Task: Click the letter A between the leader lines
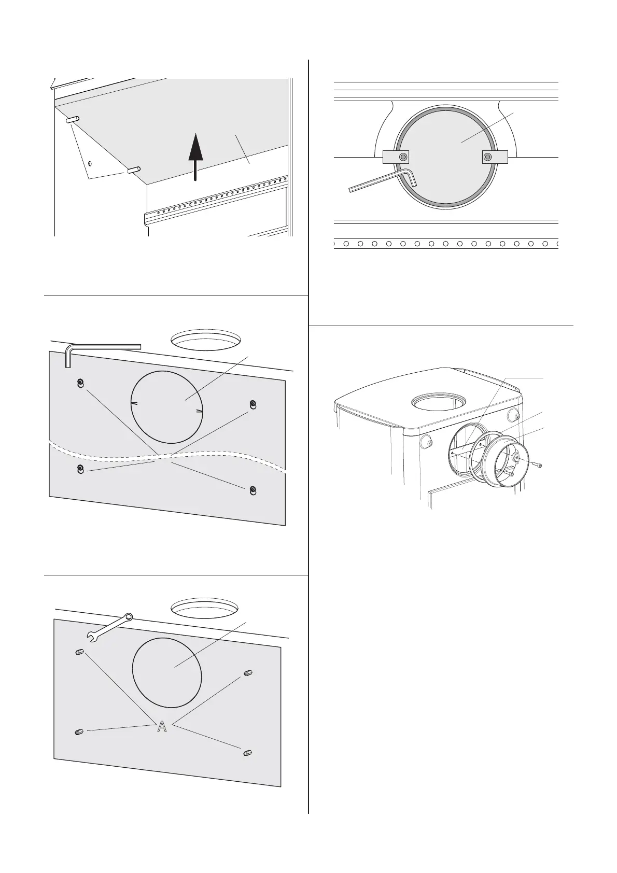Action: coord(162,727)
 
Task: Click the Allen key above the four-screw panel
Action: coord(99,348)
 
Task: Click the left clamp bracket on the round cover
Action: coord(396,157)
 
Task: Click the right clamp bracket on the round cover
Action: coord(494,157)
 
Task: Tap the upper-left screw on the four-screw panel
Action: coord(80,383)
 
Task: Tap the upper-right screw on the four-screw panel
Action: coord(253,404)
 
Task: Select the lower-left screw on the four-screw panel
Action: coord(80,470)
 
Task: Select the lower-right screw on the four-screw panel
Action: coord(252,490)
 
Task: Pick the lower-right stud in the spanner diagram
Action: coord(248,752)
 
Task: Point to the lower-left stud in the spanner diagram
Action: coord(79,732)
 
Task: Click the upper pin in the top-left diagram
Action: coord(73,119)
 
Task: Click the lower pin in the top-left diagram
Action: coord(134,169)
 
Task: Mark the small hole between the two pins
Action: coord(90,163)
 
